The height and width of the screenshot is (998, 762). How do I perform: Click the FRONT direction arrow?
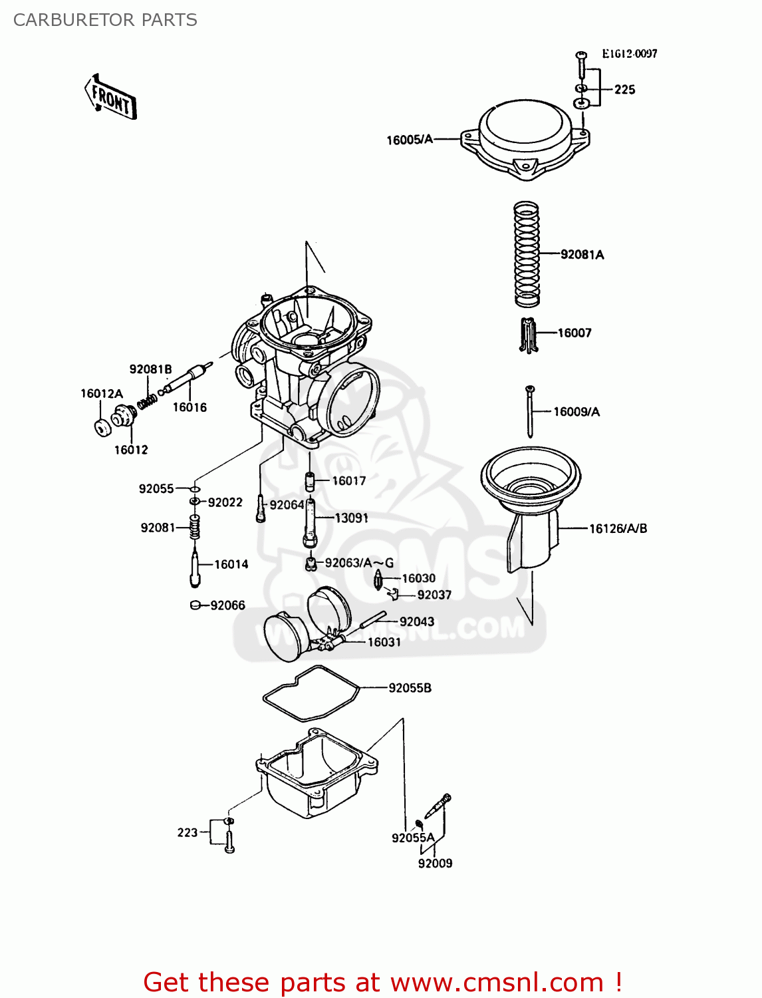(111, 98)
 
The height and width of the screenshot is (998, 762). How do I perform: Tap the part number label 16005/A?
(410, 140)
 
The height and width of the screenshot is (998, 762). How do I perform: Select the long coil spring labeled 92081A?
(527, 254)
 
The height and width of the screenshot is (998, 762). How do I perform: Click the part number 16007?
(574, 333)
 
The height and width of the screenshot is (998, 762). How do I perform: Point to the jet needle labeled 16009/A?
(530, 413)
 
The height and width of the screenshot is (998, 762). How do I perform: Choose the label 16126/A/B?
(618, 528)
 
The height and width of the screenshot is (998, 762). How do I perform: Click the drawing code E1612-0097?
(629, 54)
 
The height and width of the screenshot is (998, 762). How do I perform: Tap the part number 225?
(624, 89)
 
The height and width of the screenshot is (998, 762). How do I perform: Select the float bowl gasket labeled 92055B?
(311, 693)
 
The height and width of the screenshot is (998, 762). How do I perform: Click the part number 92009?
(435, 863)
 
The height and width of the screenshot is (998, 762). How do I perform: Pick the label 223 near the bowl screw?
(188, 832)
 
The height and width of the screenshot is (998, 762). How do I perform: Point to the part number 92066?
(227, 605)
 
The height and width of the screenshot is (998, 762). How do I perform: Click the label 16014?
(231, 564)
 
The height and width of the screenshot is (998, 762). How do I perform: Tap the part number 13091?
(351, 518)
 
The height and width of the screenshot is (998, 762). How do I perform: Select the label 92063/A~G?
(359, 563)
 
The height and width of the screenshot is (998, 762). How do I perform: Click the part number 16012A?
(102, 393)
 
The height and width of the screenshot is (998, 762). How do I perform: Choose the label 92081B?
(150, 369)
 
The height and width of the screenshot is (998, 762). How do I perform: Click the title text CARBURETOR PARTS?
(105, 20)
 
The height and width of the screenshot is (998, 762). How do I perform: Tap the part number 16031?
(384, 642)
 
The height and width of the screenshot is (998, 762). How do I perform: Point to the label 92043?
(417, 621)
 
